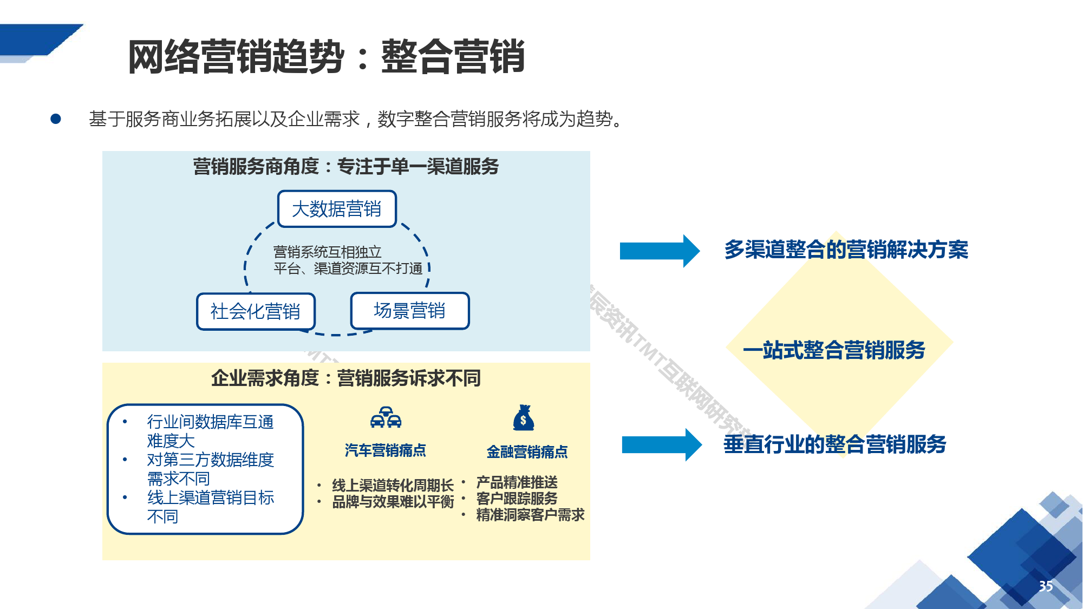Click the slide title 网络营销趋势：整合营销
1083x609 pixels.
326,56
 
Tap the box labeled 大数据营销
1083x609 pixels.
337,209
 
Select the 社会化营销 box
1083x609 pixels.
256,311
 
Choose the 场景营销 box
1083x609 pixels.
409,311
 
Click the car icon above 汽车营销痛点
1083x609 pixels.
386,417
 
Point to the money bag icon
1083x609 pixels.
524,418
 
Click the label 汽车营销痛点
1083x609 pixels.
386,450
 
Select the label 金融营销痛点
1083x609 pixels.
527,451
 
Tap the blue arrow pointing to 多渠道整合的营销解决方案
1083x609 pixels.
659,251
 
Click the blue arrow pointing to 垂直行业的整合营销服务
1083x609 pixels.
661,444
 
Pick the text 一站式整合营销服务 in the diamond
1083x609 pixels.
834,350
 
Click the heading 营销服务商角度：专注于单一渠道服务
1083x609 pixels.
345,166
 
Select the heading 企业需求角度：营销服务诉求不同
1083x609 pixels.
345,378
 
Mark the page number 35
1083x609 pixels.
1046,586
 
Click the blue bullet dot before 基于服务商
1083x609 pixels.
56,119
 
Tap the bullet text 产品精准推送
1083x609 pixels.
517,482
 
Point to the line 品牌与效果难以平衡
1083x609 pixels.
393,502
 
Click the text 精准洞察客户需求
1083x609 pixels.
530,514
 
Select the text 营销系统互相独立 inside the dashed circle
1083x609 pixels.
327,252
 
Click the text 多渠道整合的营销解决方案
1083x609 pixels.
846,250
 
